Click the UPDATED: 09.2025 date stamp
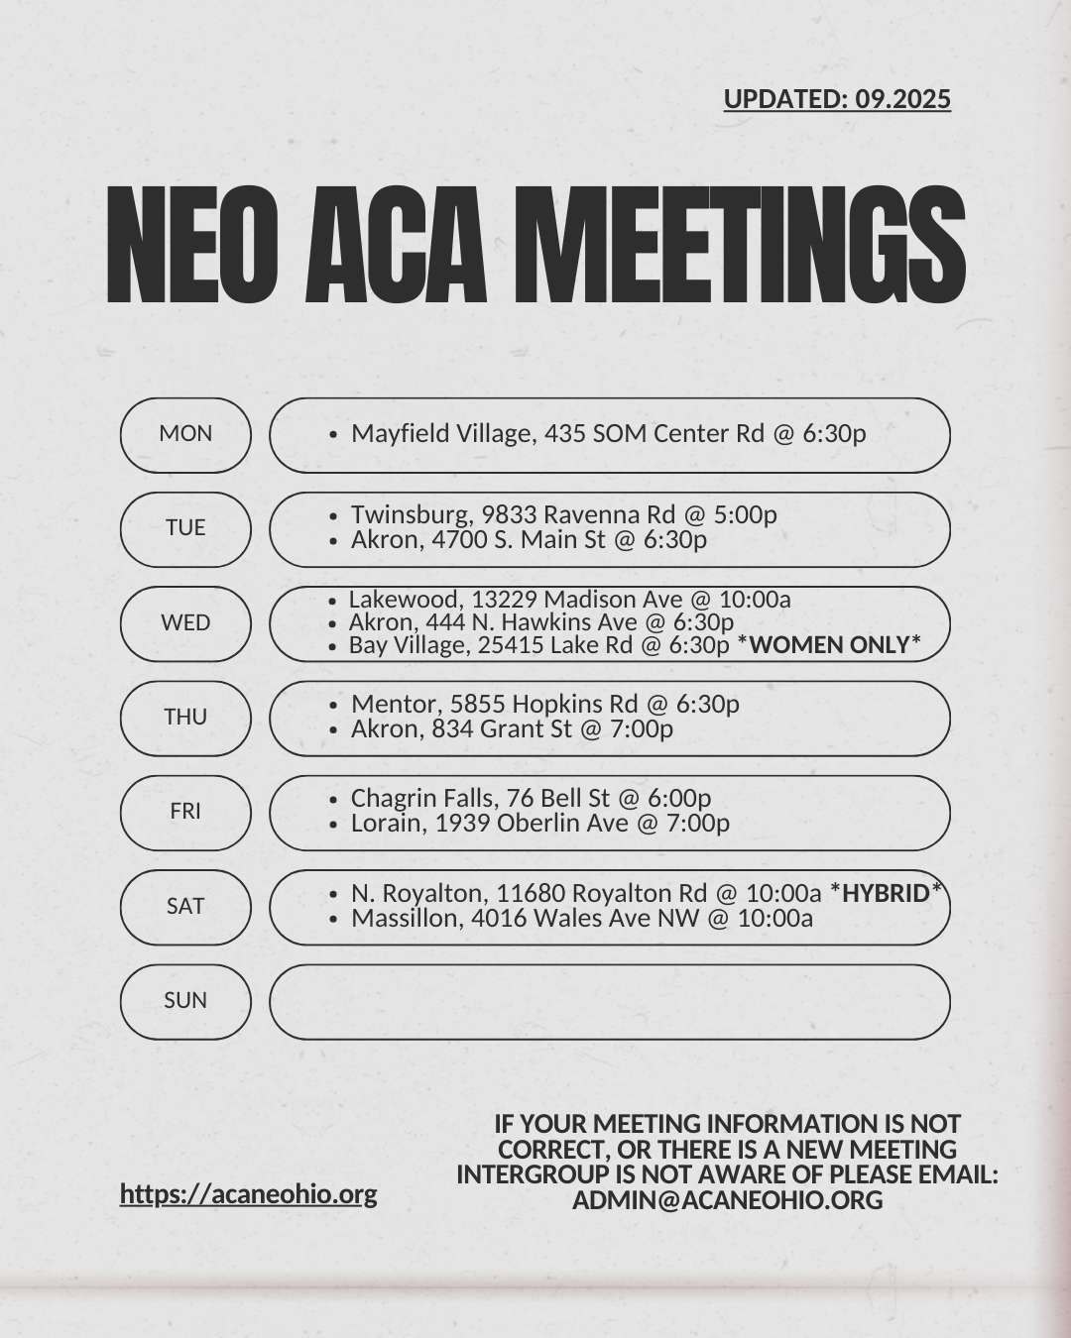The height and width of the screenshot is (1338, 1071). pyautogui.click(x=836, y=99)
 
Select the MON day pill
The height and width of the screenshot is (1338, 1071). pyautogui.click(x=185, y=434)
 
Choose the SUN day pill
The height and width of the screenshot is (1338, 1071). pyautogui.click(x=185, y=1001)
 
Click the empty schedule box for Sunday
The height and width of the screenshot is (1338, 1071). pyautogui.click(x=609, y=1001)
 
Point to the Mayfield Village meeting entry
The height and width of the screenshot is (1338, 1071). pyautogui.click(x=608, y=434)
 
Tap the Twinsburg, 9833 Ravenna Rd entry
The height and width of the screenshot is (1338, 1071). pyautogui.click(x=563, y=514)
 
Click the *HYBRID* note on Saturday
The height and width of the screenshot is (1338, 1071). pyautogui.click(x=886, y=893)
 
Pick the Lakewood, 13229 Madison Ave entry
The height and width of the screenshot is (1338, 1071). pyautogui.click(x=569, y=600)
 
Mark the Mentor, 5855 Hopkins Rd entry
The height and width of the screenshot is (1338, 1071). pyautogui.click(x=544, y=704)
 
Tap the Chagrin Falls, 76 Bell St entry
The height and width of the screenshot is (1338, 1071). pyautogui.click(x=531, y=798)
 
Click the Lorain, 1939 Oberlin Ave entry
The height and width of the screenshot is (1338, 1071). pyautogui.click(x=539, y=824)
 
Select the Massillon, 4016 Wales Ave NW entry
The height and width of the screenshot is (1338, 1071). pyautogui.click(x=581, y=919)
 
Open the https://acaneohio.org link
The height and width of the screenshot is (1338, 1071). pyautogui.click(x=248, y=1193)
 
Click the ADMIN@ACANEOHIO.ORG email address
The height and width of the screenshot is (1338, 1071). pyautogui.click(x=727, y=1200)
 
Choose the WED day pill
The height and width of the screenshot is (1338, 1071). pyautogui.click(x=185, y=623)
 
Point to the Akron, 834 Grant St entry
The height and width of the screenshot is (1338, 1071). pyautogui.click(x=512, y=729)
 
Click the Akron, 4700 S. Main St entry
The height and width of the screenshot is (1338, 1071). pyautogui.click(x=529, y=540)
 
